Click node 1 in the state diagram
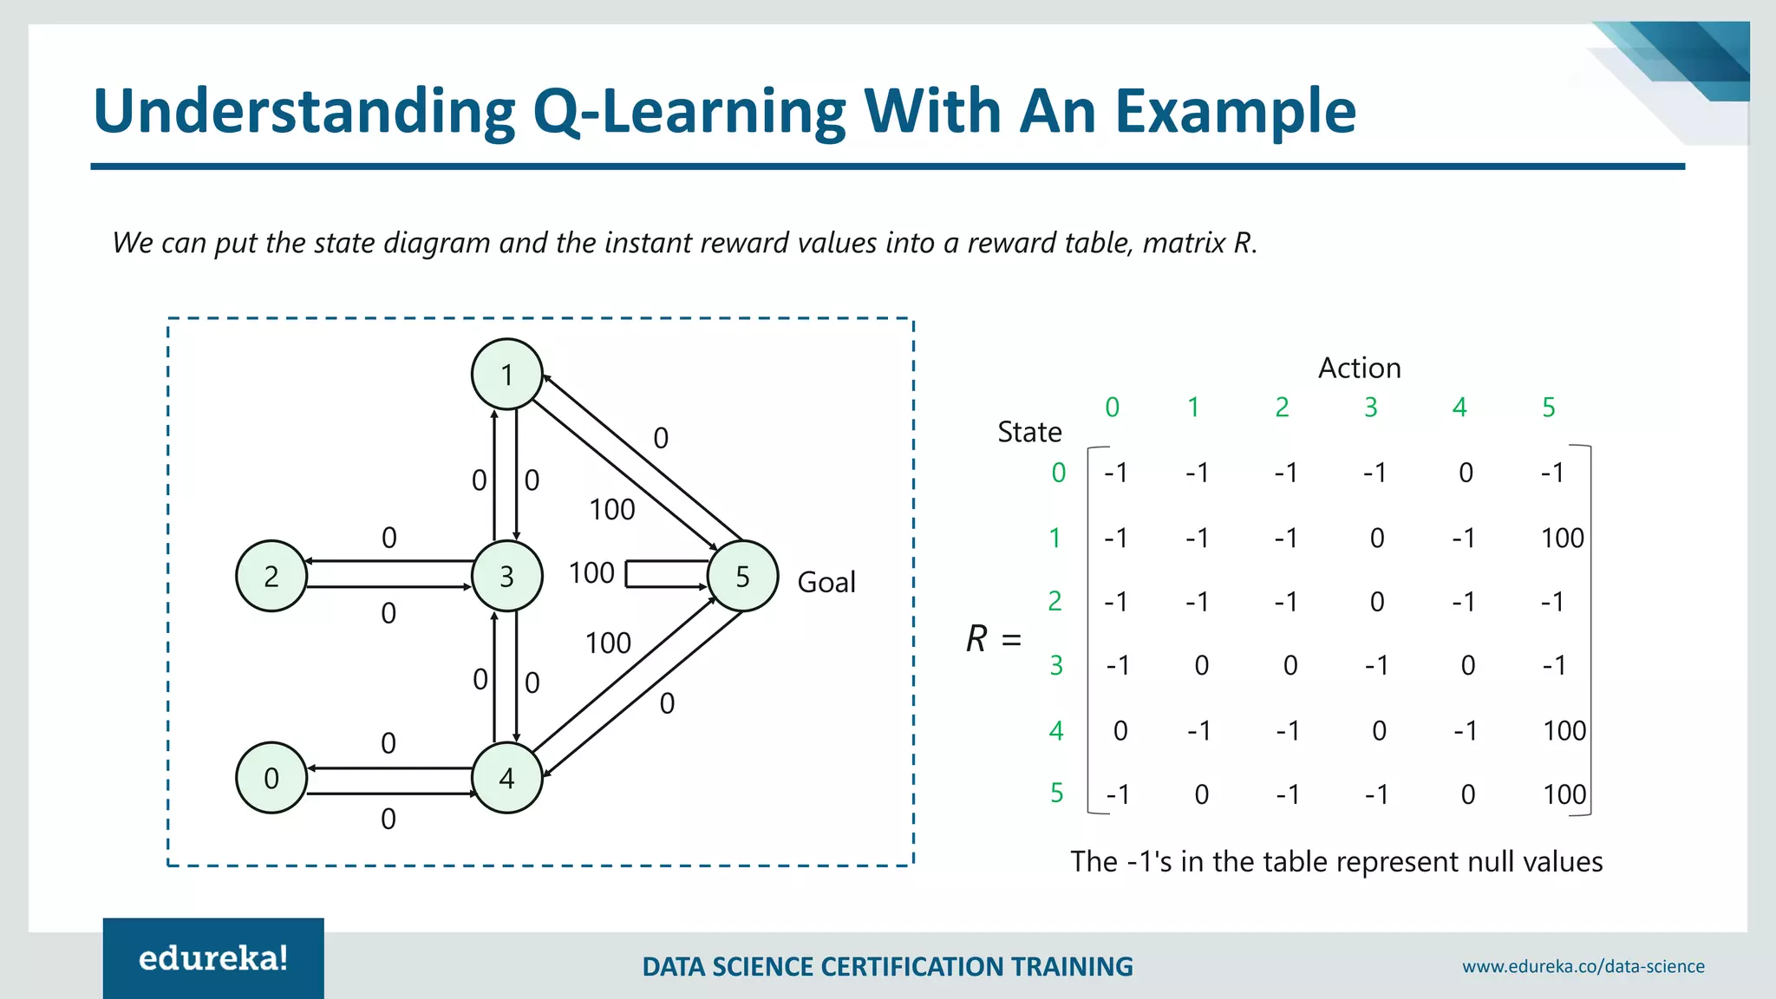tap(507, 375)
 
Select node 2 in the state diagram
tap(271, 576)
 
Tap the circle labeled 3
tap(507, 576)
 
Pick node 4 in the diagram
tap(507, 778)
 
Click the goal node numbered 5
tap(742, 576)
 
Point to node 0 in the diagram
tap(271, 778)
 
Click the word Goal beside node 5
tap(826, 582)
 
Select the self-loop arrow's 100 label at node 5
tap(591, 573)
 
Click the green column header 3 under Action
tap(1371, 408)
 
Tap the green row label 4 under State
tap(1056, 731)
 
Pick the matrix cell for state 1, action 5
tap(1562, 539)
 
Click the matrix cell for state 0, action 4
tap(1466, 473)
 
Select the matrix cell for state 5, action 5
tap(1564, 794)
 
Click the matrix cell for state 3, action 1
tap(1201, 666)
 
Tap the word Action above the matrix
tap(1359, 369)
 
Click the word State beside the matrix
tap(1029, 432)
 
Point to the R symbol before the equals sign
tap(976, 639)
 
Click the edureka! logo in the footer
tap(213, 959)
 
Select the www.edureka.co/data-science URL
tap(1583, 967)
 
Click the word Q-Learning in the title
tap(689, 112)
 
